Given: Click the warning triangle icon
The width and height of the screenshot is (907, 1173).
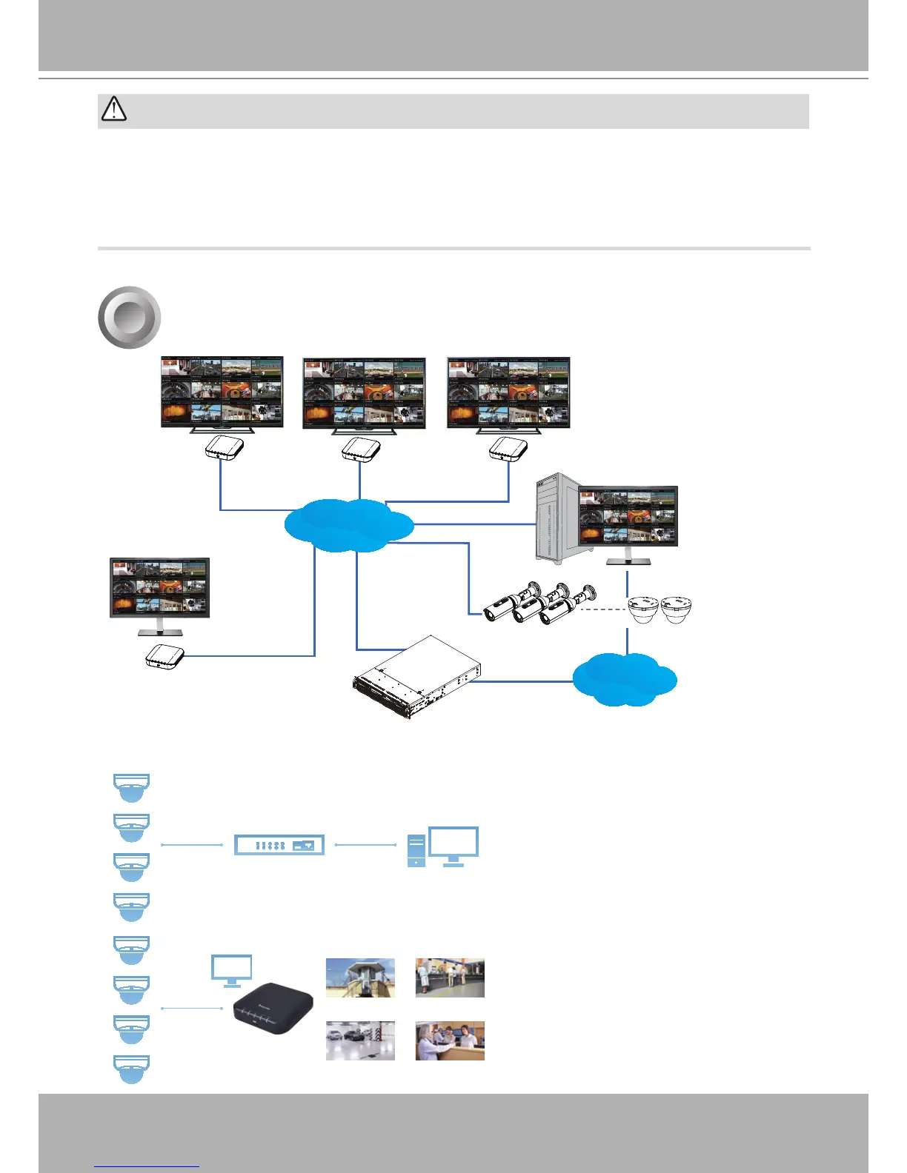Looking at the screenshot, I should (113, 110).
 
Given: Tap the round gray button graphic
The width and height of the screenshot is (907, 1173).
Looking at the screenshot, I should (130, 317).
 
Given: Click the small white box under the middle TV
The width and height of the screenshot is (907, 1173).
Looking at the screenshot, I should (360, 449).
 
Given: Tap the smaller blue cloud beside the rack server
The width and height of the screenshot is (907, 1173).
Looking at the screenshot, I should (624, 679).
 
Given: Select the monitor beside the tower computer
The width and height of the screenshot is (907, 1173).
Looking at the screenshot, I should (628, 518).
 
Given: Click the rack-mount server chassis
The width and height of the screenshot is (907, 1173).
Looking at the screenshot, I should (416, 677).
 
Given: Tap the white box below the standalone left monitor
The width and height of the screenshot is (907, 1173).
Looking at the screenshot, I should (165, 656).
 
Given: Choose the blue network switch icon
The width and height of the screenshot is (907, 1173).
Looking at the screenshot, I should (279, 844).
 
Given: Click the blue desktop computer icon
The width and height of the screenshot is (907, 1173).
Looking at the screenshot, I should (443, 846).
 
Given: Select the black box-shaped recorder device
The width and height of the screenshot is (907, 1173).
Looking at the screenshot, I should (273, 1008).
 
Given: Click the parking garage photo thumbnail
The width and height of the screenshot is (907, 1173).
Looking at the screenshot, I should (360, 1040).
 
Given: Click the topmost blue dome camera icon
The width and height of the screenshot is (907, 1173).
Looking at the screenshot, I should (131, 787).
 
